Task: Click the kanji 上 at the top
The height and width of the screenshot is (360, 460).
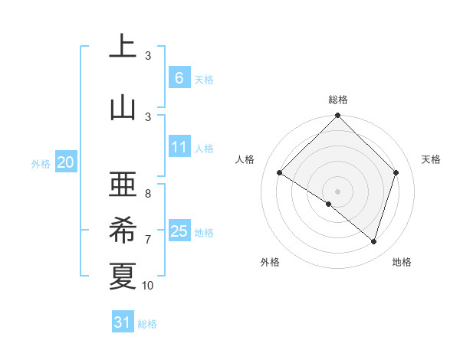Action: click(123, 48)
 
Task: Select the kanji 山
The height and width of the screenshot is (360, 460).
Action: click(123, 107)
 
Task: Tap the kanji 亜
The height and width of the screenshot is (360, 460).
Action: click(123, 184)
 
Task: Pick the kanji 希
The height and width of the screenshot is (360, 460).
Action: click(123, 230)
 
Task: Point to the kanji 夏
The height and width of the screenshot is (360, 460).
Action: click(123, 276)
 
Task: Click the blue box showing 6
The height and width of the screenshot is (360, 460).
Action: click(179, 77)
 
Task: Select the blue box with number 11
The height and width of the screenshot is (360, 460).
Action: click(179, 147)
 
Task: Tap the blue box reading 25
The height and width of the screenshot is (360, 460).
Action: click(179, 231)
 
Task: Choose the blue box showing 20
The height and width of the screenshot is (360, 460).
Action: click(66, 162)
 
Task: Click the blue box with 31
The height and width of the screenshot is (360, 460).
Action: click(123, 322)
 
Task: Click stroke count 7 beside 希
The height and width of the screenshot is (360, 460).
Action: click(148, 240)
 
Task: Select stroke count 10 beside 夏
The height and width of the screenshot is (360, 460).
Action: click(148, 286)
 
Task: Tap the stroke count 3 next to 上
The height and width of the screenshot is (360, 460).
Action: click(148, 56)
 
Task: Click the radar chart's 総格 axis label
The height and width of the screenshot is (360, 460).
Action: click(338, 100)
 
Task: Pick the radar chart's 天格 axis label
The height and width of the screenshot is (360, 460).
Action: click(432, 159)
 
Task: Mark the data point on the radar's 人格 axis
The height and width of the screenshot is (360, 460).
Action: click(280, 172)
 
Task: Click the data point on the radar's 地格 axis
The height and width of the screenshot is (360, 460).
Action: click(374, 241)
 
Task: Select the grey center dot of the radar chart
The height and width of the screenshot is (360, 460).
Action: click(338, 191)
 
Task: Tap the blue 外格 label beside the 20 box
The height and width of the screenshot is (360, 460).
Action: click(40, 163)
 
